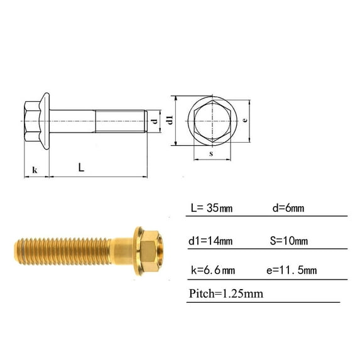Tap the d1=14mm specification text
click(x=211, y=241)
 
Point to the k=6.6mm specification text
click(x=212, y=271)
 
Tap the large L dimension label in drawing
click(x=82, y=167)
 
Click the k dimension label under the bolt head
click(x=35, y=170)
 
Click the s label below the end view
click(x=211, y=153)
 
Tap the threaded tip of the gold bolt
click(x=22, y=249)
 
